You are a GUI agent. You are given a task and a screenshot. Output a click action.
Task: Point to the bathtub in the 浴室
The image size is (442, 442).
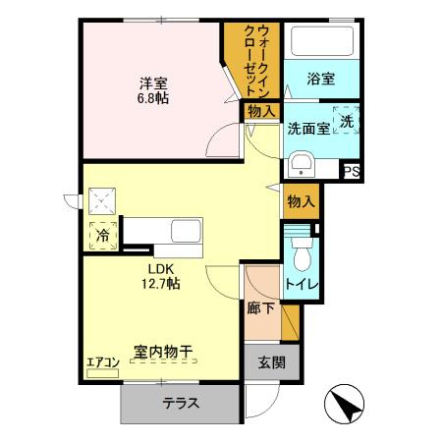(318, 42)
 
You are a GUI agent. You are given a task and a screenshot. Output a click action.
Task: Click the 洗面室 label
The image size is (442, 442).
(308, 129)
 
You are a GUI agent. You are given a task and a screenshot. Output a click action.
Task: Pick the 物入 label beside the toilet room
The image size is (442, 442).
(301, 200)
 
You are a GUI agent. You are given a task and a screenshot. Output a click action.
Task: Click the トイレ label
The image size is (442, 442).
(301, 285)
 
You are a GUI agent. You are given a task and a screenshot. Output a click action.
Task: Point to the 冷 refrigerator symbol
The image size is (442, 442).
(101, 237)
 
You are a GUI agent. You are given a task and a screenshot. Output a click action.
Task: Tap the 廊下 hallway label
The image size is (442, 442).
(260, 306)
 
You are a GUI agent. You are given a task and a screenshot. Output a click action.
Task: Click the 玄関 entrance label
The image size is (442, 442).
(271, 362)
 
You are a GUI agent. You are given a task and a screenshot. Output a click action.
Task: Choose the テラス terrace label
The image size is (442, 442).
(182, 402)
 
